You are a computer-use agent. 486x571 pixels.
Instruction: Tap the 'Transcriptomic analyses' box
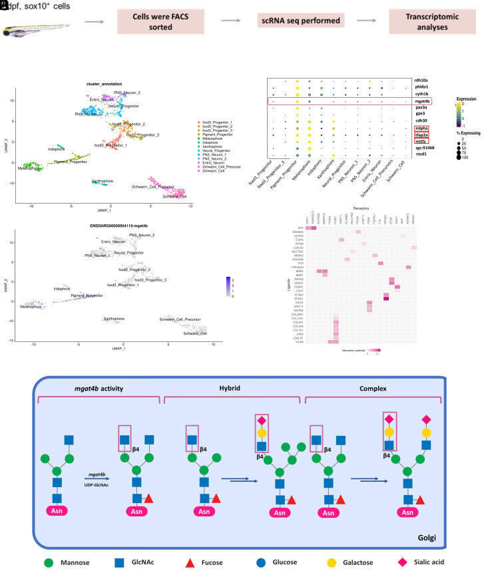click(x=431, y=21)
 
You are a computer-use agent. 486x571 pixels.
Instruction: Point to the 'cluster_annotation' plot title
click(x=109, y=83)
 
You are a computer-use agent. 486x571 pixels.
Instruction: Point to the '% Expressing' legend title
click(x=466, y=138)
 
